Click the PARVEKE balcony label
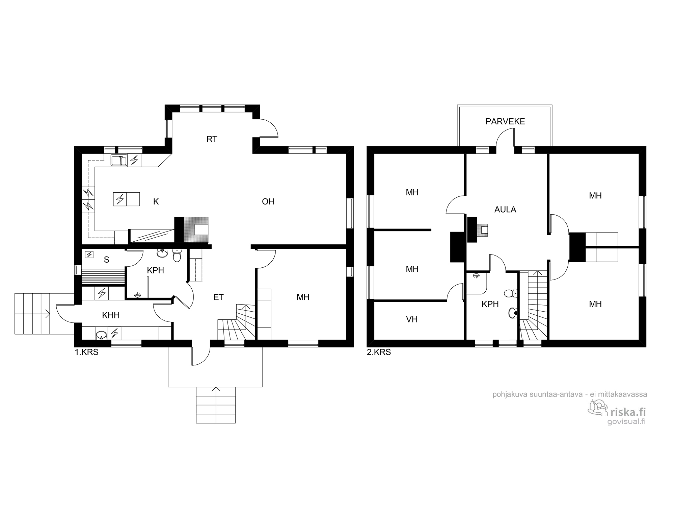[x=505, y=121]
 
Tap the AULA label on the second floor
[x=505, y=210]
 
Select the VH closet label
[x=412, y=319]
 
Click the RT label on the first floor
[x=212, y=139]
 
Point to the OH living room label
[x=268, y=202]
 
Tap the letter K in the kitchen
[x=156, y=202]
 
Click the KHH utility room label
[x=111, y=315]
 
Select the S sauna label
[x=107, y=260]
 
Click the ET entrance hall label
[x=219, y=297]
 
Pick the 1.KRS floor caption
[x=86, y=352]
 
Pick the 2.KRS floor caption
[x=379, y=352]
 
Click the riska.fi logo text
[x=628, y=412]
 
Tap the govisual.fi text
[x=626, y=422]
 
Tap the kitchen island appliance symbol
[x=119, y=199]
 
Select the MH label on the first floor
[x=303, y=297]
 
